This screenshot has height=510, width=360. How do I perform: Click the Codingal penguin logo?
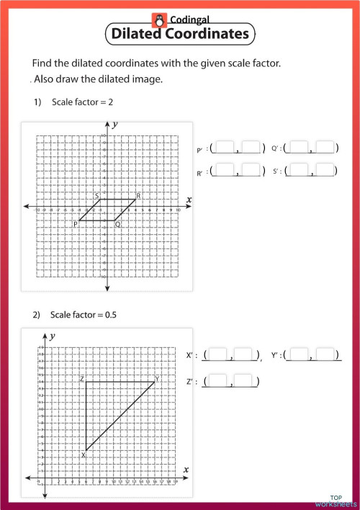pos(158,19)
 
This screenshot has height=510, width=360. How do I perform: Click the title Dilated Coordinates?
pos(180,33)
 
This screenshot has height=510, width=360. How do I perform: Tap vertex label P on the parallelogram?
pos(75,225)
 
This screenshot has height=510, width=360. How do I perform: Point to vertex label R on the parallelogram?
pos(138,196)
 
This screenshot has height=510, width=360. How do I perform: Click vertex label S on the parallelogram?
pos(96,196)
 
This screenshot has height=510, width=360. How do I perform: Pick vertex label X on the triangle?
pos(84,455)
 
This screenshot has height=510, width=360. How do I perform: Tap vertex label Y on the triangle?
pos(157,378)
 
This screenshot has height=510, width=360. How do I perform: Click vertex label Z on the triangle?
pos(83,378)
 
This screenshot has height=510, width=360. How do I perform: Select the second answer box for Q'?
pos(325,148)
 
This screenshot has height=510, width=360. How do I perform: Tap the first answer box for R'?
pos(225,171)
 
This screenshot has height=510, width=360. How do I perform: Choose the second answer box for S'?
pos(325,171)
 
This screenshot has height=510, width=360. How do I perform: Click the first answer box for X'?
pos(217,354)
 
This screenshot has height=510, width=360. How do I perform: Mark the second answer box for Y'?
pos(326,354)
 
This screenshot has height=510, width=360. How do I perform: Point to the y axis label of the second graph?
pos(53,336)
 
